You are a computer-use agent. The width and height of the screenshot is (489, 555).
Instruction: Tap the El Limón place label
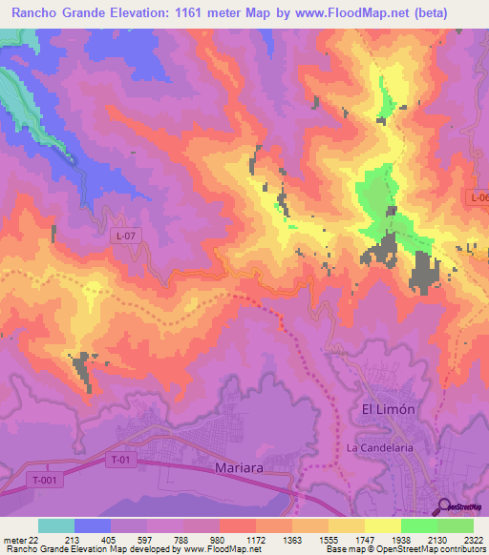(x=389, y=409)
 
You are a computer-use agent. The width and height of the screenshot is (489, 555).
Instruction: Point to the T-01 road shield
(x=117, y=462)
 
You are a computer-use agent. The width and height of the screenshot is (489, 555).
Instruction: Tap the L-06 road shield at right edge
(x=478, y=197)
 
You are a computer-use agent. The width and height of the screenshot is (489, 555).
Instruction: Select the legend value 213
(x=74, y=539)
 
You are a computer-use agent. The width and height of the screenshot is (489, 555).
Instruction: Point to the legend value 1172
(x=255, y=539)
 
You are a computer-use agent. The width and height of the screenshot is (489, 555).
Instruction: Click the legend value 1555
(x=328, y=539)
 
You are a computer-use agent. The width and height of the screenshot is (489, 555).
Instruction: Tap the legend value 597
(x=146, y=539)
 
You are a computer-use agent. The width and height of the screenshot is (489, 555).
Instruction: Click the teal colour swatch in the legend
(x=56, y=525)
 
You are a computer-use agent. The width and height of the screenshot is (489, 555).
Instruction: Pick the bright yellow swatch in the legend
(x=382, y=525)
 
